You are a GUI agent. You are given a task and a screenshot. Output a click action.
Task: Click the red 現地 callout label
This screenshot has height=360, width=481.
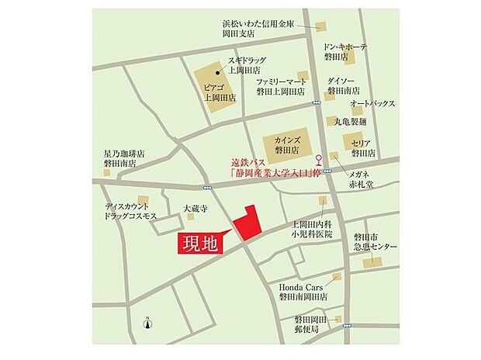pos(200,242)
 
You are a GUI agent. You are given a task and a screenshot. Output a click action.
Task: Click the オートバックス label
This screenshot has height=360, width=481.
pos(372,104)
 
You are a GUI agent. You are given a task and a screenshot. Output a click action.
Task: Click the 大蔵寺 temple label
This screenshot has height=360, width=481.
pos(196,208)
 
